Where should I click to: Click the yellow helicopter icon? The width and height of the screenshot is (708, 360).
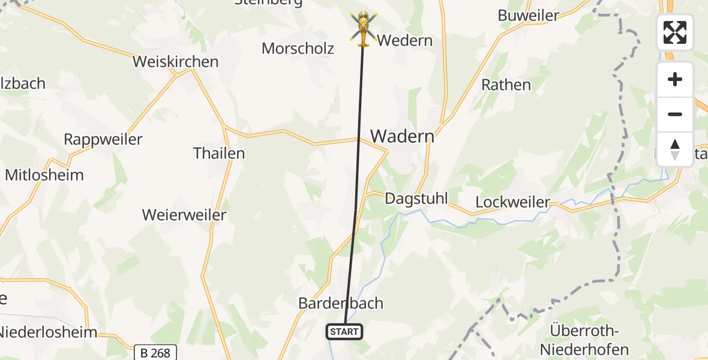[362, 29]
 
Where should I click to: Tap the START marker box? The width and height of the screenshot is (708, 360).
[344, 332]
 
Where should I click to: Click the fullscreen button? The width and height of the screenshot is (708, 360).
[675, 32]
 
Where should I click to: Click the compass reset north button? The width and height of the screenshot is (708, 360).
[675, 149]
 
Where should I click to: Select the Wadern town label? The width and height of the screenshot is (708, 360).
[402, 136]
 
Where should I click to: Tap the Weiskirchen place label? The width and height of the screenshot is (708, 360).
[175, 62]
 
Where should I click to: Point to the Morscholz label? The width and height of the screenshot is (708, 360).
[298, 49]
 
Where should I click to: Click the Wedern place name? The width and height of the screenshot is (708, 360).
[405, 41]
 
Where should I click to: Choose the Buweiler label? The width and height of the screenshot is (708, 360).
[529, 16]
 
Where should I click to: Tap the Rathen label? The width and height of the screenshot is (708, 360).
[506, 85]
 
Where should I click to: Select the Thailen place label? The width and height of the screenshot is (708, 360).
[219, 153]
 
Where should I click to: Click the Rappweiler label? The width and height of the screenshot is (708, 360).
[103, 140]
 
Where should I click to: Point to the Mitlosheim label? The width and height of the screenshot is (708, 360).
[44, 175]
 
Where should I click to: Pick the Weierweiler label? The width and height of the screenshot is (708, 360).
[184, 215]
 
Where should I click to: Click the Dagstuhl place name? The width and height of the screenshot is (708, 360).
[416, 199]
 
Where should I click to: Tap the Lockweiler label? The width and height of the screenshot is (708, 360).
[512, 202]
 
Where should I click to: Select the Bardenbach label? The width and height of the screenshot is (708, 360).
[341, 303]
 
